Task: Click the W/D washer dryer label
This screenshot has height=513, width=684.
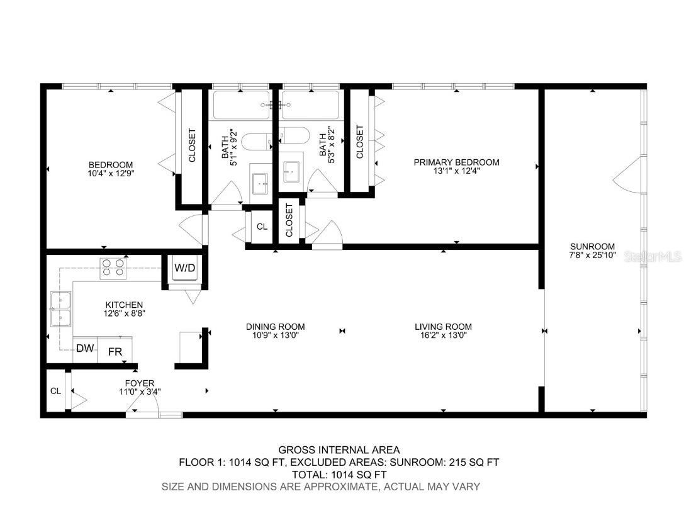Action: click(x=184, y=268)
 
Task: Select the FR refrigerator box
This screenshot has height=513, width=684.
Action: click(x=115, y=352)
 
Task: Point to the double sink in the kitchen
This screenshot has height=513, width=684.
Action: click(x=61, y=309)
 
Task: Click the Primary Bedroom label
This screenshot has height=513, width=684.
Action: click(x=456, y=162)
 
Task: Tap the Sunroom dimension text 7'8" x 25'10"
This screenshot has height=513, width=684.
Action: click(x=593, y=256)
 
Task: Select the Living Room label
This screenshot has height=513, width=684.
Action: click(x=443, y=327)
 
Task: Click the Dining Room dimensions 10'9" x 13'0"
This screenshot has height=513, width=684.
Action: click(x=275, y=335)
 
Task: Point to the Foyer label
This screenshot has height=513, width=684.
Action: click(x=139, y=383)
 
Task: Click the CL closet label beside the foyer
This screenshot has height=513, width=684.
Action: click(x=55, y=391)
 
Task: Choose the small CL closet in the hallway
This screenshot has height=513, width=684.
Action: click(x=262, y=227)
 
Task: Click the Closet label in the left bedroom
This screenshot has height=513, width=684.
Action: click(x=192, y=145)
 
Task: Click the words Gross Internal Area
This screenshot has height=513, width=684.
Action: click(x=339, y=449)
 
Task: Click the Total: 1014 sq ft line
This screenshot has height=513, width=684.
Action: click(x=339, y=474)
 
